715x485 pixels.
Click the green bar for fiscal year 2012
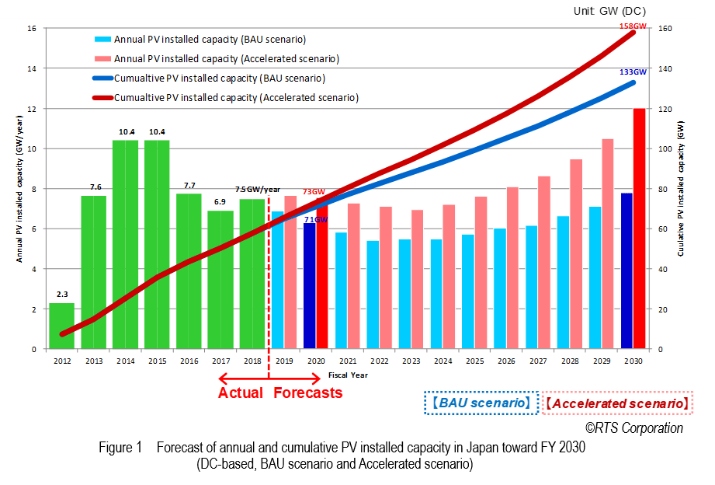[x=61, y=326]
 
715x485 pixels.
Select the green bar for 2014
[x=125, y=244]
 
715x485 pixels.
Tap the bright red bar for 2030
[x=640, y=229]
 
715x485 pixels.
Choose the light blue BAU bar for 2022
[x=373, y=295]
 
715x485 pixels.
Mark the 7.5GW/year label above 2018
[x=258, y=189]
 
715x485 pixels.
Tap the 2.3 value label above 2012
[x=62, y=294]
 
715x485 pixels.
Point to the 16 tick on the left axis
[x=32, y=29]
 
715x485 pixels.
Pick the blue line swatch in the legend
[x=101, y=79]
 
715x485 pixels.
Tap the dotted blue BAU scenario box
[x=481, y=403]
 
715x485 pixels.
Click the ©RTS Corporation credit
[x=633, y=428]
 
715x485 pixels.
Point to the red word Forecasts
[x=307, y=393]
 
